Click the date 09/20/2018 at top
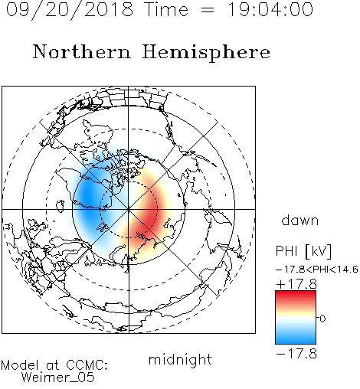[x=70, y=10]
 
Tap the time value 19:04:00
[x=270, y=9]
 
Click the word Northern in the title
[x=82, y=52]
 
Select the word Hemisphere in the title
[x=206, y=53]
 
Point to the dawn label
[x=300, y=221]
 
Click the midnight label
[x=180, y=360]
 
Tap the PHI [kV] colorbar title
[x=303, y=251]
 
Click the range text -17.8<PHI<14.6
[x=317, y=270]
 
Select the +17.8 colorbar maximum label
[x=296, y=284]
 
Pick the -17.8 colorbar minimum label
[x=296, y=354]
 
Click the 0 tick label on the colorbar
[x=322, y=319]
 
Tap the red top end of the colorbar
[x=296, y=293]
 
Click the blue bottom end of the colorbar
[x=296, y=341]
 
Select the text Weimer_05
[x=57, y=378]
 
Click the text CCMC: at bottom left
[x=87, y=365]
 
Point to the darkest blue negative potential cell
[x=88, y=195]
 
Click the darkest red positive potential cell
[x=148, y=213]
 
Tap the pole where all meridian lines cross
[x=129, y=209]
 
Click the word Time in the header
[x=166, y=9]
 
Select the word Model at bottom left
[x=20, y=365]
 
